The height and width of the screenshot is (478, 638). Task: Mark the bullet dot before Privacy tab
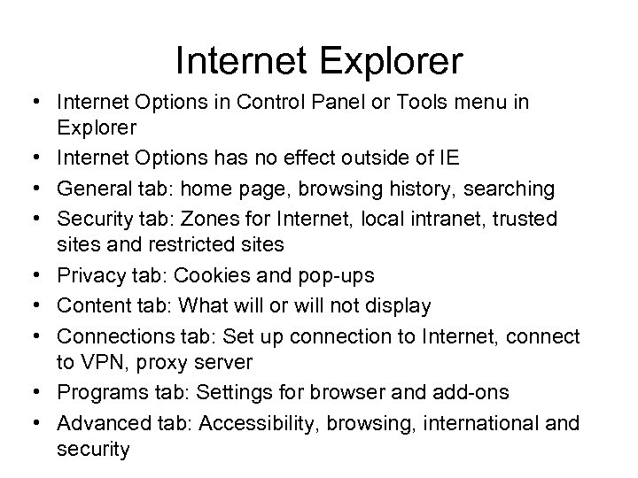coord(42,276)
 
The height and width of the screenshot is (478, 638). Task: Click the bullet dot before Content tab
coord(42,306)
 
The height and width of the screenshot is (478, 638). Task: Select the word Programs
coord(97,393)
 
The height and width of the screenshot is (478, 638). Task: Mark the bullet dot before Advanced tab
coord(42,423)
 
